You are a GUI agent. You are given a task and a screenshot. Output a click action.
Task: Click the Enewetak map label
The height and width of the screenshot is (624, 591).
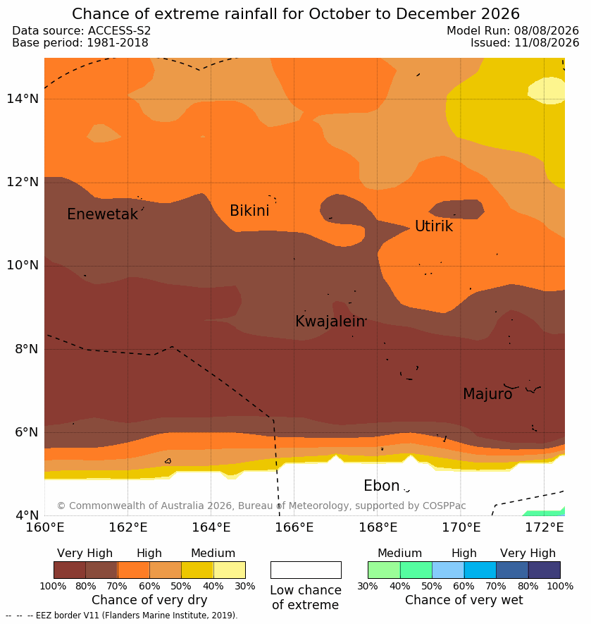pos(103,214)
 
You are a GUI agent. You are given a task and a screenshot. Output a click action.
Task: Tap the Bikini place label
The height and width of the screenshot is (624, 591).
pos(249,211)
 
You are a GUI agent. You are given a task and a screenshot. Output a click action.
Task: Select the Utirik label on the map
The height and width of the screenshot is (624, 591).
pos(434,226)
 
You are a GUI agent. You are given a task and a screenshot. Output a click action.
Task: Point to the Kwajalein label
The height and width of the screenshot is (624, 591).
pos(330,322)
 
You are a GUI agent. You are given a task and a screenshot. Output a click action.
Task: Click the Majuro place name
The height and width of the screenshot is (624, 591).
pos(487,394)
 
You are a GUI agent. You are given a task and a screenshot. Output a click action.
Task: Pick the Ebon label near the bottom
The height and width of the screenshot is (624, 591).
pos(381,486)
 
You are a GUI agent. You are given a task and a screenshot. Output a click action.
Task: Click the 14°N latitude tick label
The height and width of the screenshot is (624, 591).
pos(23,98)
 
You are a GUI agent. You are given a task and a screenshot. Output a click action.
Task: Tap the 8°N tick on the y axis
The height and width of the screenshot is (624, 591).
pos(26,349)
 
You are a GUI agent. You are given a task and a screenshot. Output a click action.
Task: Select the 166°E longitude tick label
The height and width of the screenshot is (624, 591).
pos(294,527)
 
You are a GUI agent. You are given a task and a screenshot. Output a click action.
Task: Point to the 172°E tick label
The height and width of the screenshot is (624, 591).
pos(545,527)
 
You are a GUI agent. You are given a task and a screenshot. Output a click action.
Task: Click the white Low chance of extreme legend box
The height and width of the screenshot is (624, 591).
pos(306,570)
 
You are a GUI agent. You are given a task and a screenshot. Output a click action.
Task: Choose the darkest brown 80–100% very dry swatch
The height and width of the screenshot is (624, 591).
pos(70,570)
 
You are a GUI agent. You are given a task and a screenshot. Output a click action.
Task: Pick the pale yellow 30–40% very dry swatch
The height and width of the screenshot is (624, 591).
pos(230,570)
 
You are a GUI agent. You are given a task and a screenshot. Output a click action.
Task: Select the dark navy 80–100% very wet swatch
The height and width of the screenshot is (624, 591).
pos(544,570)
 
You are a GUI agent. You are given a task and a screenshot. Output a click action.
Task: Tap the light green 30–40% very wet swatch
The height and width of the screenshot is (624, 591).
pos(384,570)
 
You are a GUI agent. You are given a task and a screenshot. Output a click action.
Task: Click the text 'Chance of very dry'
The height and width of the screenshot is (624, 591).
pos(149,600)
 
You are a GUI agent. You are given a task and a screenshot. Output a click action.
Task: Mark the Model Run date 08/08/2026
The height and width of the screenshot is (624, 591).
pos(547,30)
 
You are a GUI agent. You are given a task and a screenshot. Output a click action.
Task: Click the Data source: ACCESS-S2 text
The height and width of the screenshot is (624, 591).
pos(82,30)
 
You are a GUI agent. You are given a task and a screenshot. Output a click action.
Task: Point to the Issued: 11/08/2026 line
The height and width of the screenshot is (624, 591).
pos(525,42)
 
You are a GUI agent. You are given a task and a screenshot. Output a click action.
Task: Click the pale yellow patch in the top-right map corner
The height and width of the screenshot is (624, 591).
pos(547,91)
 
